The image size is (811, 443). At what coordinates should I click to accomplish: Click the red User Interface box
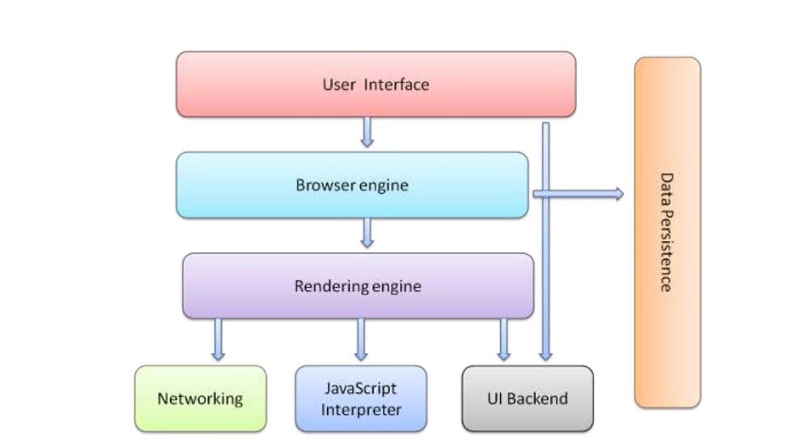tap(376, 84)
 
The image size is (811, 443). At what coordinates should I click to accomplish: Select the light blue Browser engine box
tap(352, 185)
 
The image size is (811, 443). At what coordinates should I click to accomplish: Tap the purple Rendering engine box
tap(358, 285)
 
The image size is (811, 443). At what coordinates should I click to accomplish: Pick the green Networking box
tap(200, 399)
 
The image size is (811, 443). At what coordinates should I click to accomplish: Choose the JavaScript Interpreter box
tap(361, 399)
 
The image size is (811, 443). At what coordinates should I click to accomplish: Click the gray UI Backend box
tap(527, 399)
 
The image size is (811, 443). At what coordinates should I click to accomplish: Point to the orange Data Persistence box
tap(667, 232)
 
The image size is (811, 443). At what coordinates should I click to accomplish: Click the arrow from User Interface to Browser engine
tap(367, 132)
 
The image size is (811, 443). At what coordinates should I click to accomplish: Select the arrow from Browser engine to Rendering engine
tap(367, 232)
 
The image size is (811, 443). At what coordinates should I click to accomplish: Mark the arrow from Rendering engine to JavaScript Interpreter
tap(361, 339)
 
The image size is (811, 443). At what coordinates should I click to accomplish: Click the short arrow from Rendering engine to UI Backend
tap(504, 339)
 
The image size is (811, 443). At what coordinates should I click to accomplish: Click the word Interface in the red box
tap(397, 84)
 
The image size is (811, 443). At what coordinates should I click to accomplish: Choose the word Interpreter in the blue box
tap(361, 409)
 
